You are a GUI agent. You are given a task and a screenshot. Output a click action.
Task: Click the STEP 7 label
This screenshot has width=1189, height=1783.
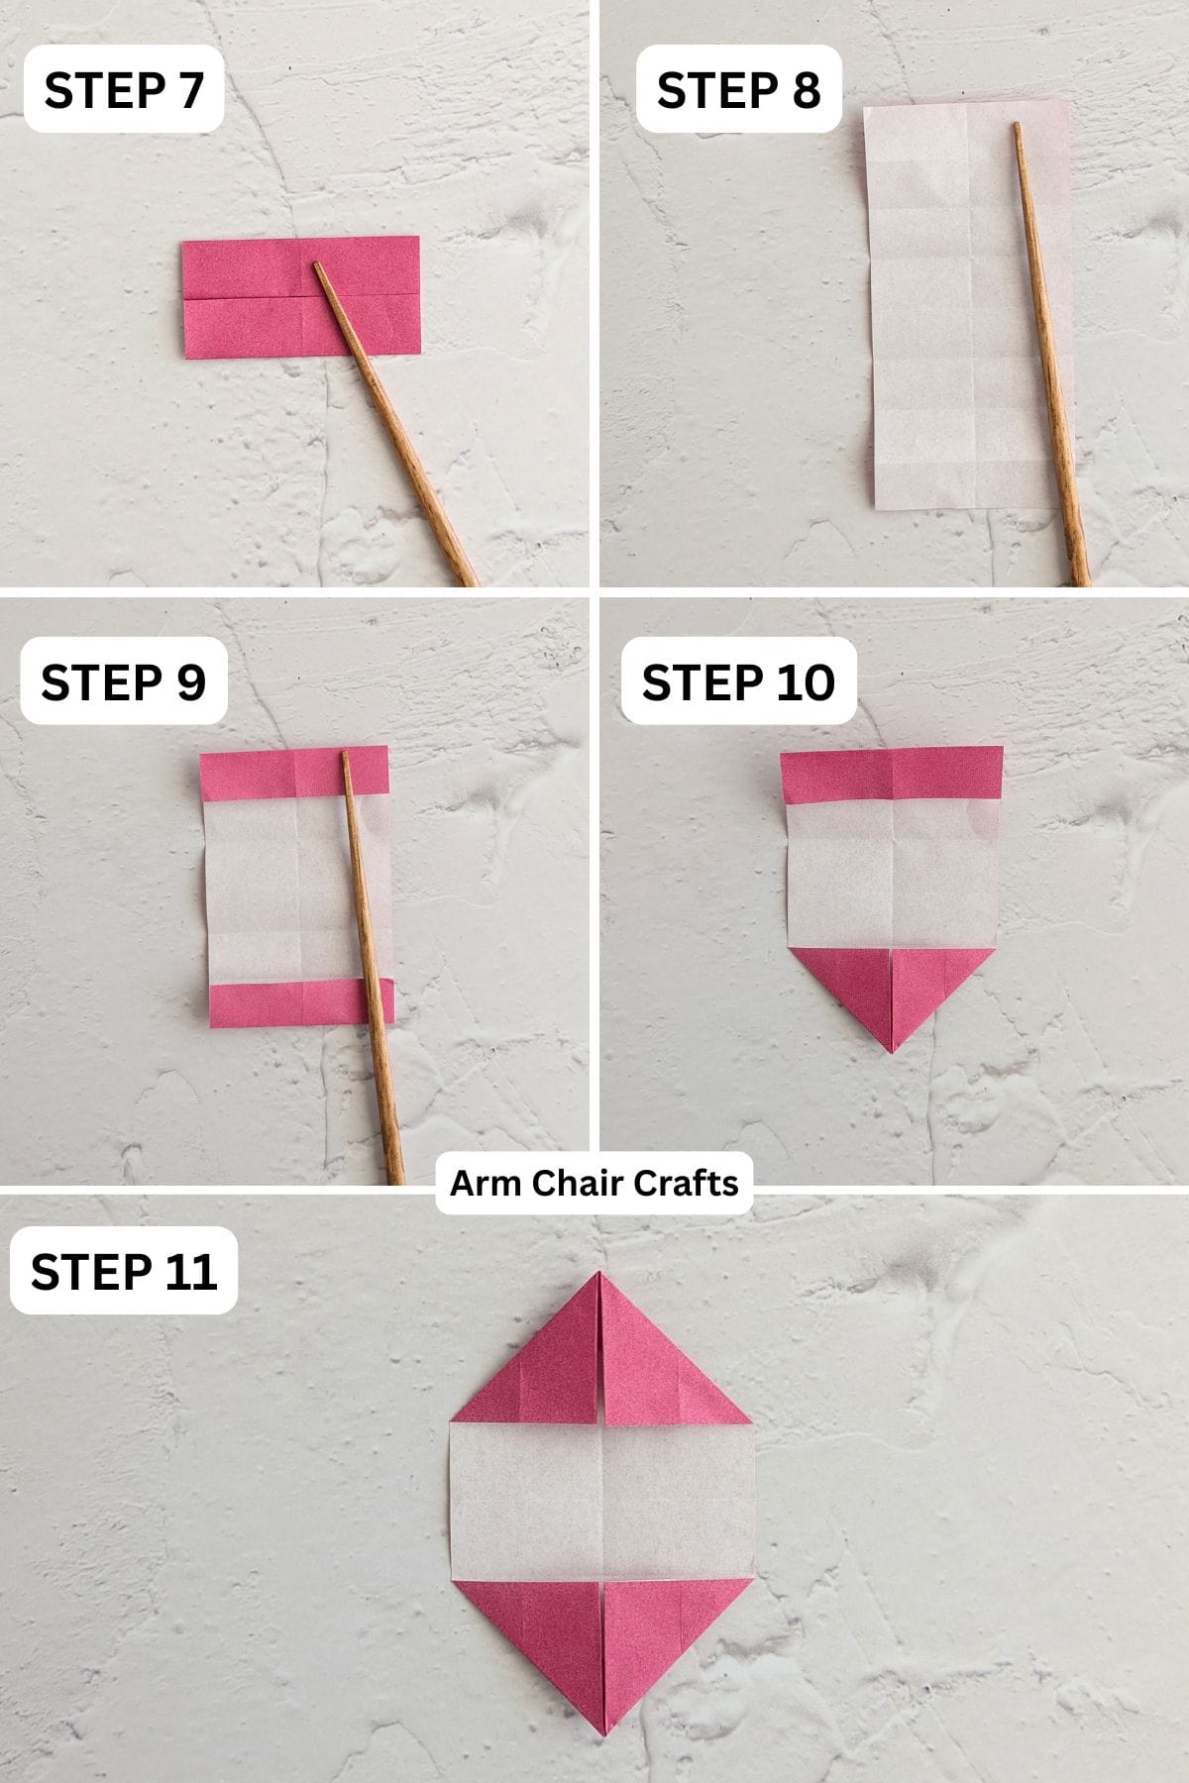point(124,90)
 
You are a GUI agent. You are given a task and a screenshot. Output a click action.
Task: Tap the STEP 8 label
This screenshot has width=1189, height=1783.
point(738,90)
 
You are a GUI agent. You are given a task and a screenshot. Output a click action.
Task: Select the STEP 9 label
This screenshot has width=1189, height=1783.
point(124,682)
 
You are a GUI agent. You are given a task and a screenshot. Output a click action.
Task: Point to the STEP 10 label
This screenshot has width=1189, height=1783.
point(738,682)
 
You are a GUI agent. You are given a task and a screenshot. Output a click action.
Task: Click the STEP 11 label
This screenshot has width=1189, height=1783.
point(124,1272)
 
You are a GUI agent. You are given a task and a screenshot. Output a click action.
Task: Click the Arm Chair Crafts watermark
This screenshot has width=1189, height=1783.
point(594,1183)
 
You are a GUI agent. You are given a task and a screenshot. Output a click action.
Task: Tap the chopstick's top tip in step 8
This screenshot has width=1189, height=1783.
point(1017,126)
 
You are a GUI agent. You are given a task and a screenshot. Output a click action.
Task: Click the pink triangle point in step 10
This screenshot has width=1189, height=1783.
point(892,1048)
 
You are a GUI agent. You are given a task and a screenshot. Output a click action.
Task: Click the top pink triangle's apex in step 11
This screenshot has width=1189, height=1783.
point(600,1275)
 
